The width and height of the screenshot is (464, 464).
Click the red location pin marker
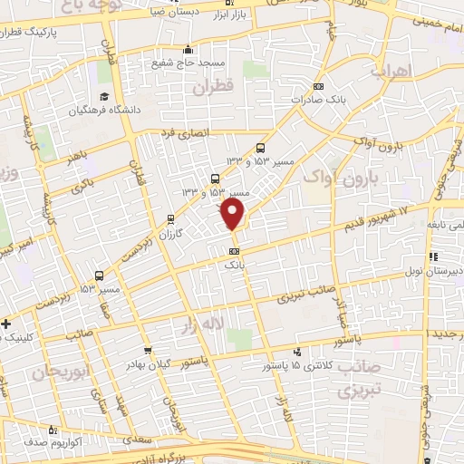click(234, 215)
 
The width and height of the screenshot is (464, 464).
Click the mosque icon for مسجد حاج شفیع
click(187, 50)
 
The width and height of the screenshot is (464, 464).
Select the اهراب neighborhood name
click(392, 70)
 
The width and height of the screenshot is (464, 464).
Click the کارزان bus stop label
click(171, 234)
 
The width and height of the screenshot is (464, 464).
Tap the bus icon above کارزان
click(171, 219)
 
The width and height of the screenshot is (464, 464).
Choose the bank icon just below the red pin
click(235, 251)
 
